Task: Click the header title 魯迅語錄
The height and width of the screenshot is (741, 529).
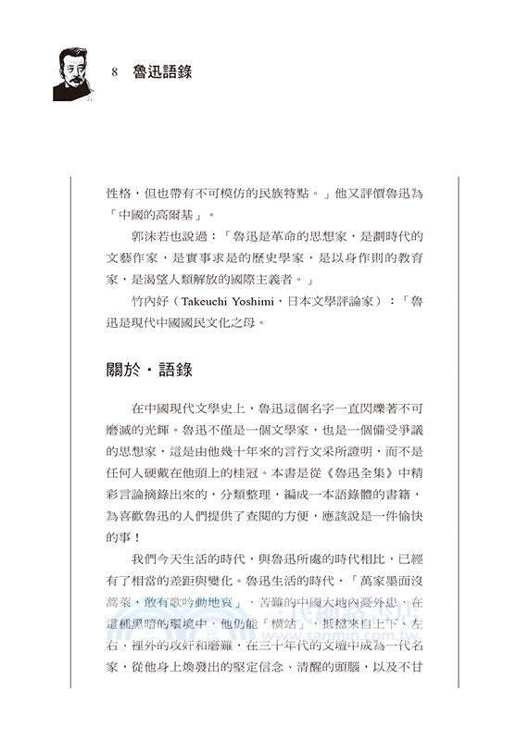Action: (x=163, y=71)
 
